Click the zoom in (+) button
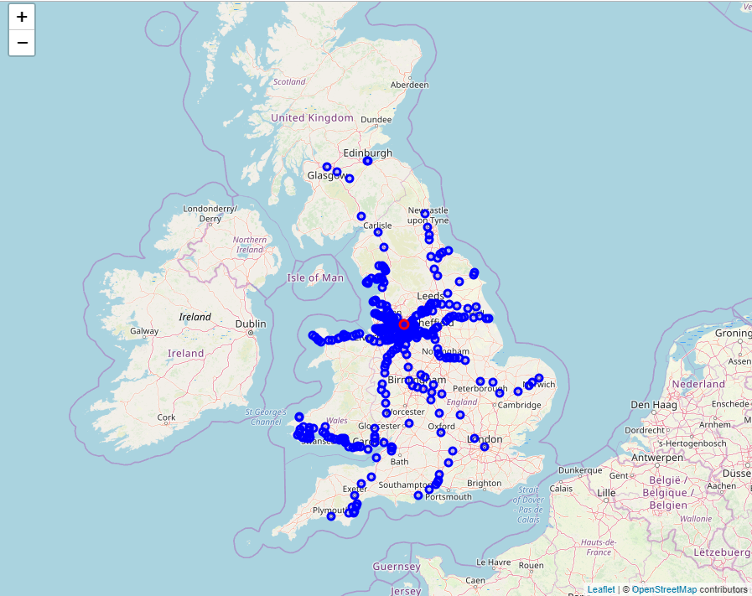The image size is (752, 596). tap(22, 17)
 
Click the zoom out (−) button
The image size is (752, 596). tap(22, 43)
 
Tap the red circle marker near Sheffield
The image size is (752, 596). tap(403, 324)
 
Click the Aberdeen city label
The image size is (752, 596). tap(409, 85)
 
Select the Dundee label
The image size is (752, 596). tap(376, 120)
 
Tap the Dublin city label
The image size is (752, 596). tap(251, 324)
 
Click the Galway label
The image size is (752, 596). tap(144, 331)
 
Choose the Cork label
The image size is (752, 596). tap(166, 417)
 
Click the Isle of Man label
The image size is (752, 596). tap(315, 277)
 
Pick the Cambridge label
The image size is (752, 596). tap(519, 405)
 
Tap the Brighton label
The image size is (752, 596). tap(484, 484)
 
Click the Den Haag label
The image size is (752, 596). tap(651, 405)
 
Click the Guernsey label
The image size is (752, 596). tap(396, 567)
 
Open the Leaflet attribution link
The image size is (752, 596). tap(600, 590)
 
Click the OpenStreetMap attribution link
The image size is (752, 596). tap(664, 590)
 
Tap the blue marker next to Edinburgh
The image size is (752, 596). tap(367, 161)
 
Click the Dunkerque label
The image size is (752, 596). tap(580, 471)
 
